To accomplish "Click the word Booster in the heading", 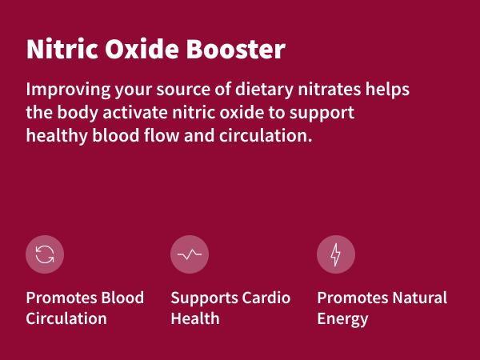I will click(x=238, y=50).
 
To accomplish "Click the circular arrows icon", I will click(x=45, y=255).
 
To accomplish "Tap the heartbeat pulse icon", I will click(x=190, y=255).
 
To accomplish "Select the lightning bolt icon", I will click(x=336, y=255).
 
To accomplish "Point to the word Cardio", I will click(x=266, y=298).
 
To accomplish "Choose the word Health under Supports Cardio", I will click(x=195, y=318).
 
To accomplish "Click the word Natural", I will click(x=419, y=298).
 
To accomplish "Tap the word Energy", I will click(x=342, y=319).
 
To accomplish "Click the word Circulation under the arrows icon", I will click(x=66, y=318).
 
